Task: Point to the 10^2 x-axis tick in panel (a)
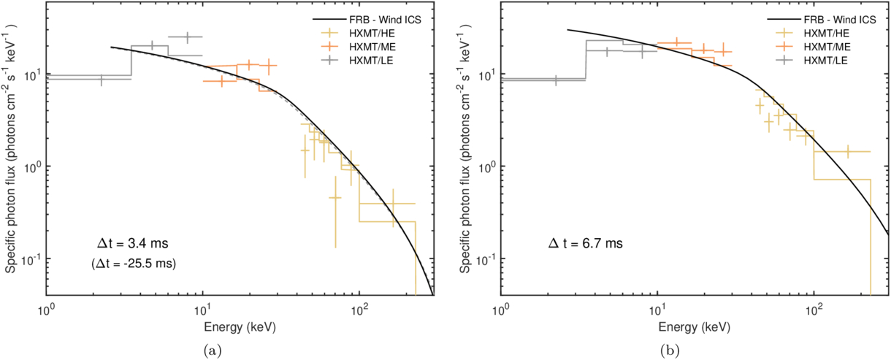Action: click(359, 307)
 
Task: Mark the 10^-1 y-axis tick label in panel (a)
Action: click(34, 259)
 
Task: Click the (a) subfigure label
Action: click(212, 351)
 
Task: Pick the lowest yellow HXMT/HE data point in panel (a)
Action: click(334, 198)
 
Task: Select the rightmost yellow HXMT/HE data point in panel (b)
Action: click(847, 151)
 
